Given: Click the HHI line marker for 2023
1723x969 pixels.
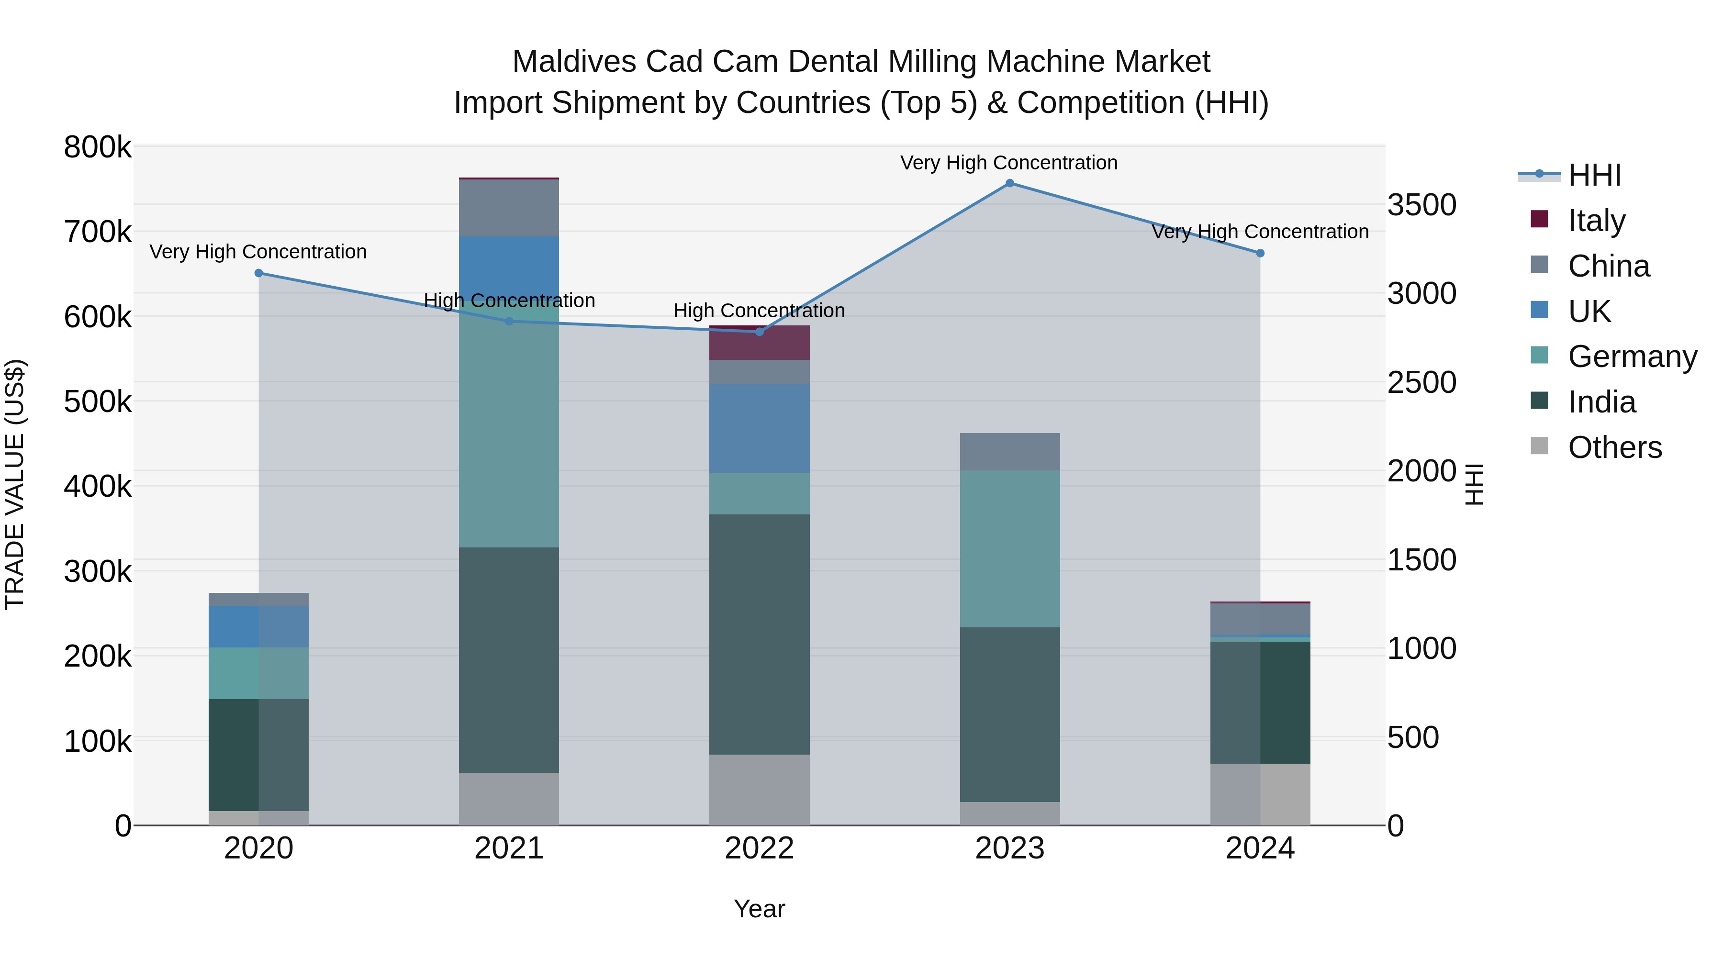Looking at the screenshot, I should coord(1010,183).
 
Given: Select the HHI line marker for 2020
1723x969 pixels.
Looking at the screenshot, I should coord(259,273).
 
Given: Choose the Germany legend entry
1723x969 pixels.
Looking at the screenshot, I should coord(1632,356).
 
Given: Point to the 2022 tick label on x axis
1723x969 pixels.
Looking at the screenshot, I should coord(759,848).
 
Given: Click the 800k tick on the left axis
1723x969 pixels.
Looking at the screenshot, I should coord(98,147).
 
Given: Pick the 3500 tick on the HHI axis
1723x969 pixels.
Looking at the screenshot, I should coord(1421,205).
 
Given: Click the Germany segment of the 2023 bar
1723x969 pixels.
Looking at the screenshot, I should coord(1010,548).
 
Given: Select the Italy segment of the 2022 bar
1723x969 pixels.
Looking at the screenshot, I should coord(759,344).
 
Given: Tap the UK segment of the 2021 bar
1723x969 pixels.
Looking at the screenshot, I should coord(509,267).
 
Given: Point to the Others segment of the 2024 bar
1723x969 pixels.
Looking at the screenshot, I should coord(1260,794).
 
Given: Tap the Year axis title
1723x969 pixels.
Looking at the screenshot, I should coord(759,909).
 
